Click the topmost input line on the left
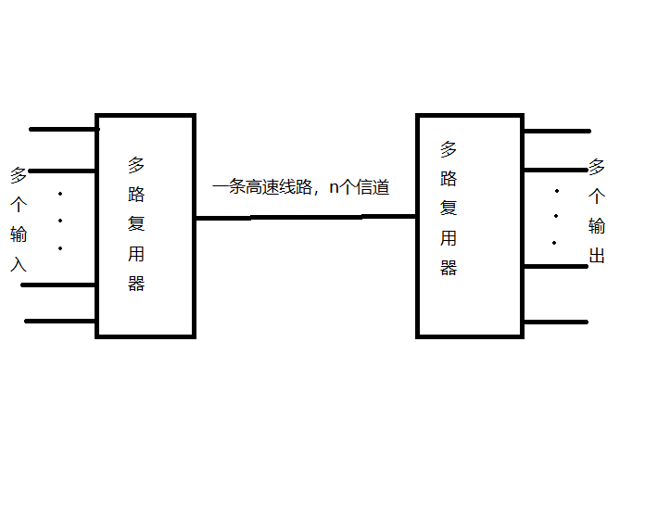tap(63, 129)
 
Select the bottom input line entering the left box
tap(60, 322)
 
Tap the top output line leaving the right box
tap(556, 131)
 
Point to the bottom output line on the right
tap(556, 322)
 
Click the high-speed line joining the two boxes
tap(306, 218)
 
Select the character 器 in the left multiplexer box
tap(136, 284)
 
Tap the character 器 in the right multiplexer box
tap(449, 268)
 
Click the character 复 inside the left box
tap(136, 224)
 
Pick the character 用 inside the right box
tap(449, 238)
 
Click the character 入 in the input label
tap(19, 264)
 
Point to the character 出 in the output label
tap(597, 255)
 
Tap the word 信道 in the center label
tap(372, 187)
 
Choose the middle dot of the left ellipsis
tap(60, 222)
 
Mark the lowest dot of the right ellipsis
tap(554, 244)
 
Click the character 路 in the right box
tap(449, 178)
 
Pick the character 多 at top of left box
tap(136, 165)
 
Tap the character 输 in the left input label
tap(19, 234)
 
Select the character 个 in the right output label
tap(597, 196)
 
